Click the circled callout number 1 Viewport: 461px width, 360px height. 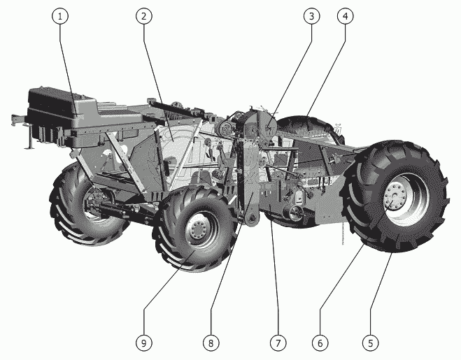(60, 16)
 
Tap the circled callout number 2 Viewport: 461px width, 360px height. (144, 16)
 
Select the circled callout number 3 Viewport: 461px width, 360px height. (311, 16)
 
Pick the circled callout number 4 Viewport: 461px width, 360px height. (346, 16)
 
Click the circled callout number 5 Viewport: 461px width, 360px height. (371, 343)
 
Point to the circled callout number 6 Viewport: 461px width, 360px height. (320, 343)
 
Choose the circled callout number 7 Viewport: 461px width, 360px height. (278, 343)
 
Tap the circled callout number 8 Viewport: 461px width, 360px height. (211, 343)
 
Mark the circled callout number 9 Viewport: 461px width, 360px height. (144, 343)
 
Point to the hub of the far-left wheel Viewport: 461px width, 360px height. (94, 203)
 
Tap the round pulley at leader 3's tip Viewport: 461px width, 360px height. (268, 127)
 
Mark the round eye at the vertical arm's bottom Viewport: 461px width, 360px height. (250, 219)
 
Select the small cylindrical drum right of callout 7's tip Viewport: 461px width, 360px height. (294, 213)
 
